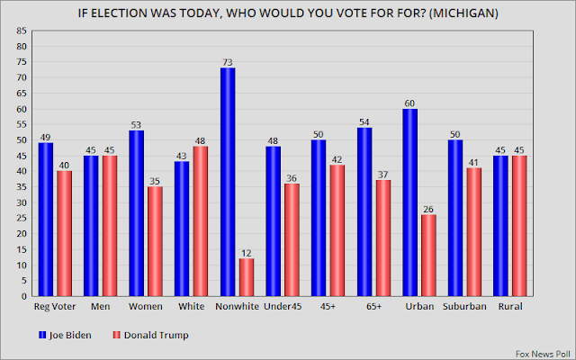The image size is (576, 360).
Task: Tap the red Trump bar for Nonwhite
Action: coord(247,277)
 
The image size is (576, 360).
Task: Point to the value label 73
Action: coord(228,61)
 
